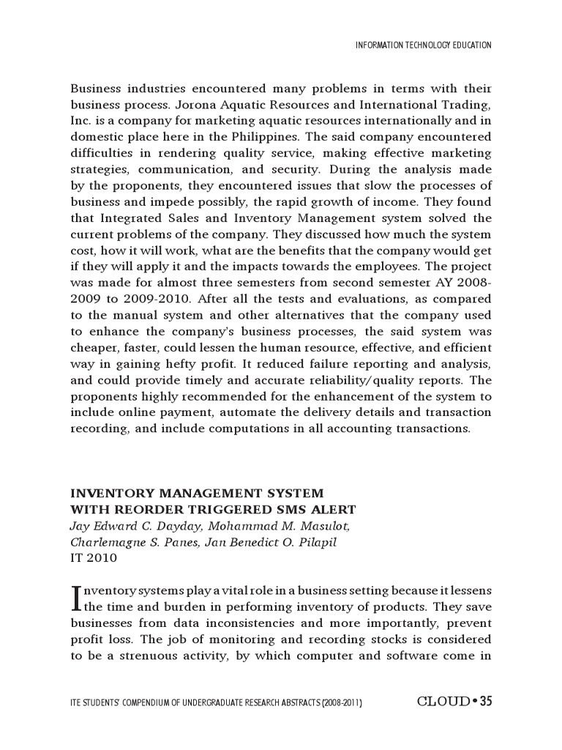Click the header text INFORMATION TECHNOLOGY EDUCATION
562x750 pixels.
coord(423,45)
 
